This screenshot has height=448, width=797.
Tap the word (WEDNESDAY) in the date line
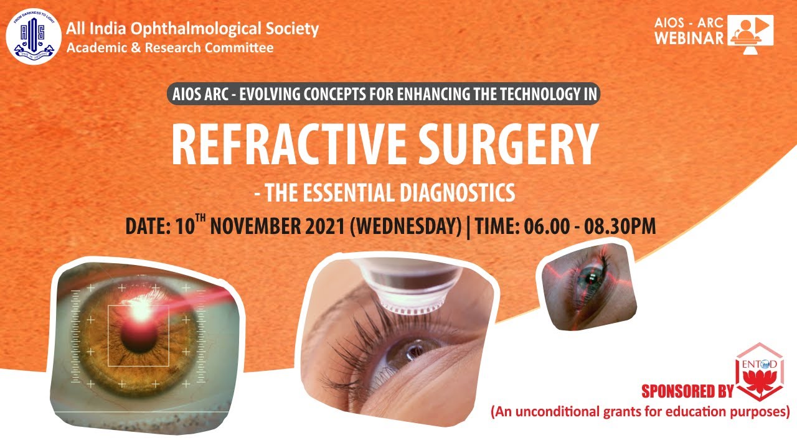(x=405, y=226)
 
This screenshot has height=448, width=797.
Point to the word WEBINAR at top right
(x=689, y=38)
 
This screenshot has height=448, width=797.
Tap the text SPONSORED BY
(x=687, y=391)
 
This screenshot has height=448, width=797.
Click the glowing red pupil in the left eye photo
(x=136, y=329)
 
